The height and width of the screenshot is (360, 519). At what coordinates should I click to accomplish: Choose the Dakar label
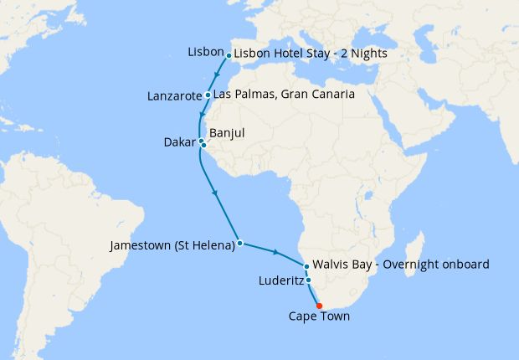pyautogui.click(x=179, y=143)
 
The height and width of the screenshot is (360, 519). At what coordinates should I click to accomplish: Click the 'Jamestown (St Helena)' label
pyautogui.click(x=172, y=246)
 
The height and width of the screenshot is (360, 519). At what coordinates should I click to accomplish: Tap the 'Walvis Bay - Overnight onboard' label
pyautogui.click(x=400, y=265)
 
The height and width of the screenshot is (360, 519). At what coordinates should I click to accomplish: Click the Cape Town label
pyautogui.click(x=319, y=316)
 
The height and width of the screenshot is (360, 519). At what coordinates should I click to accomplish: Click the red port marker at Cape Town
pyautogui.click(x=320, y=305)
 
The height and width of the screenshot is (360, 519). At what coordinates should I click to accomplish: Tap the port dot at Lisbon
pyautogui.click(x=229, y=56)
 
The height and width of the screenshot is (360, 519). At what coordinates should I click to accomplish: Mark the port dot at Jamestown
pyautogui.click(x=240, y=244)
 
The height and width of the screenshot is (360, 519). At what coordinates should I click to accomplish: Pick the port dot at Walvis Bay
pyautogui.click(x=307, y=266)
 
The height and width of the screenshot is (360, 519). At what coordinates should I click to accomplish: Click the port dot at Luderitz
pyautogui.click(x=309, y=280)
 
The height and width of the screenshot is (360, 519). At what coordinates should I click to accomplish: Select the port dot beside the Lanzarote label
pyautogui.click(x=208, y=95)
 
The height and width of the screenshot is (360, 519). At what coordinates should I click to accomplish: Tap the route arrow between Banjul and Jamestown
pyautogui.click(x=217, y=194)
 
